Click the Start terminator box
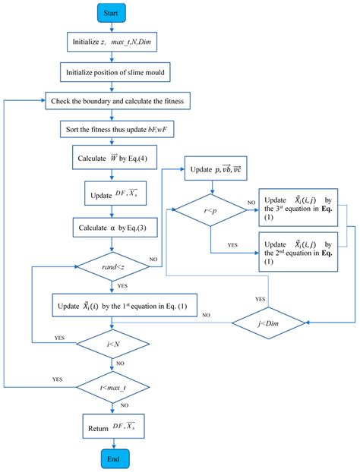pyautogui.click(x=112, y=14)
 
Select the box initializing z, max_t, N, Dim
pyautogui.click(x=112, y=42)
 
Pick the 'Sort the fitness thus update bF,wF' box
pyautogui.click(x=112, y=129)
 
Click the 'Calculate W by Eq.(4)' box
pyautogui.click(x=112, y=160)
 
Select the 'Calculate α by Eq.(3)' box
pyautogui.click(x=112, y=227)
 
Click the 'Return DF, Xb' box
pyautogui.click(x=112, y=426)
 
